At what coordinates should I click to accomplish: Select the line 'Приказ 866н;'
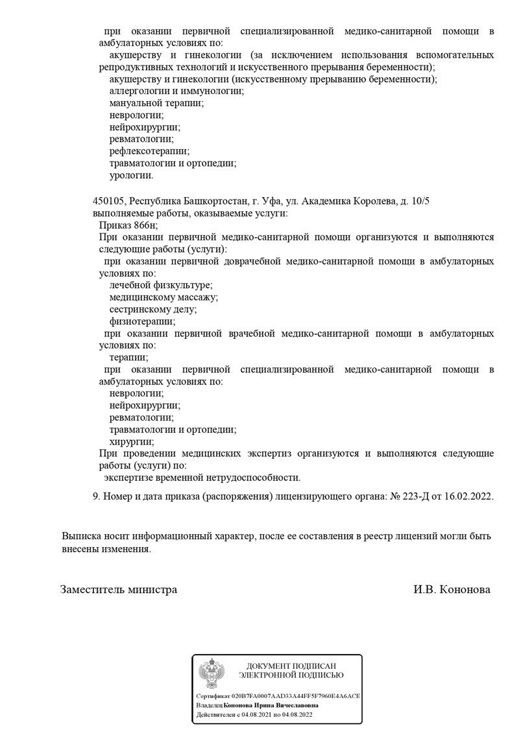[x=128, y=225]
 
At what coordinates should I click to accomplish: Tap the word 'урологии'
[x=131, y=175]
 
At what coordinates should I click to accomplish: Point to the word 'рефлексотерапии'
[x=149, y=151]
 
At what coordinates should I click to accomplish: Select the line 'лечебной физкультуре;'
[x=161, y=285]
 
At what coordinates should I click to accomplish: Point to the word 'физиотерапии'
[x=141, y=321]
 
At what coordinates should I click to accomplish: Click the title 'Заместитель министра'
[x=119, y=590]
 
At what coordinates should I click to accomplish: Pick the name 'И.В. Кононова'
[x=452, y=590]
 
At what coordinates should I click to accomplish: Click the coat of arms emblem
[x=211, y=674]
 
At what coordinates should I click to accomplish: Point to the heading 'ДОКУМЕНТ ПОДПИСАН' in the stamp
[x=291, y=666]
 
